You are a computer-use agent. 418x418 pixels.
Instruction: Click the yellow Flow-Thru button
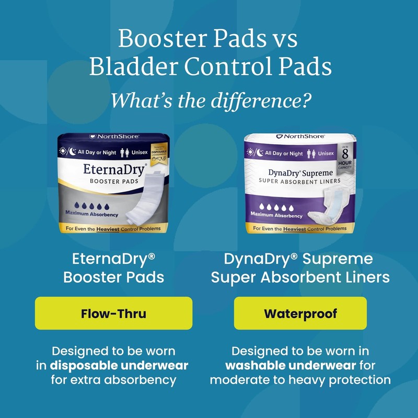pos(113,313)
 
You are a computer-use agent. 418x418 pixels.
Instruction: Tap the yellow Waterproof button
pos(300,313)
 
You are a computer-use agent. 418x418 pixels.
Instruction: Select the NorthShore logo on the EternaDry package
pos(113,136)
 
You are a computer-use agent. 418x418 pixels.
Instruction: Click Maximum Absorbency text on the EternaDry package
pos(91,214)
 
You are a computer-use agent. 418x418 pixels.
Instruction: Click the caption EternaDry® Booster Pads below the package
pos(113,267)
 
